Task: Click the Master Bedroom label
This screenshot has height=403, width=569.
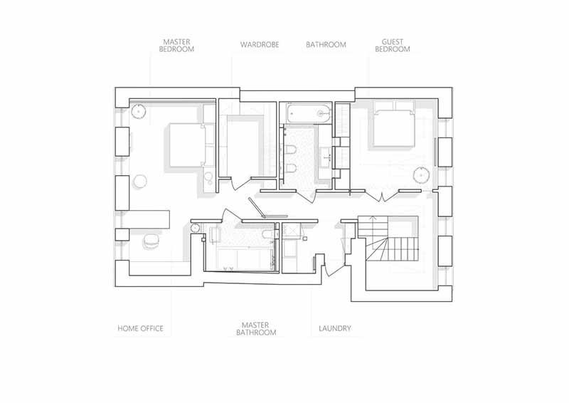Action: (x=176, y=46)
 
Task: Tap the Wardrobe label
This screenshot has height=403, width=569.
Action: (x=260, y=45)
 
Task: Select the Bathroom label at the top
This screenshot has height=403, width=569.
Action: (x=326, y=45)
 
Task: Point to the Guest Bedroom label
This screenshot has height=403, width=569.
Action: (x=393, y=46)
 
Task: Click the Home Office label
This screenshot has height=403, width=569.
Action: (x=140, y=328)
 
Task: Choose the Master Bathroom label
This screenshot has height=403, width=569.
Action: (x=256, y=329)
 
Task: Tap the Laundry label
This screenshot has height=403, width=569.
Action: (x=335, y=328)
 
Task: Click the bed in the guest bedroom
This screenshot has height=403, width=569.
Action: (x=394, y=124)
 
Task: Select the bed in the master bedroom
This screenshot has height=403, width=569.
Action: (x=191, y=145)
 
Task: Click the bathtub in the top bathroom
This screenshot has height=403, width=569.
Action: (x=309, y=113)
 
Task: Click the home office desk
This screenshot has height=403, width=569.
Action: (x=150, y=219)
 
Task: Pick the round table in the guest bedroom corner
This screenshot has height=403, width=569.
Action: (x=421, y=174)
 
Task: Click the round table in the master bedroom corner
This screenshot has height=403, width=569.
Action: (x=138, y=111)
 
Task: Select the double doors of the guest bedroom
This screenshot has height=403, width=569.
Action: (x=382, y=196)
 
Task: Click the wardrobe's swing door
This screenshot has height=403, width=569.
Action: (x=240, y=184)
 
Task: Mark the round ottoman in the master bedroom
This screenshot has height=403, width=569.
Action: (x=139, y=182)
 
